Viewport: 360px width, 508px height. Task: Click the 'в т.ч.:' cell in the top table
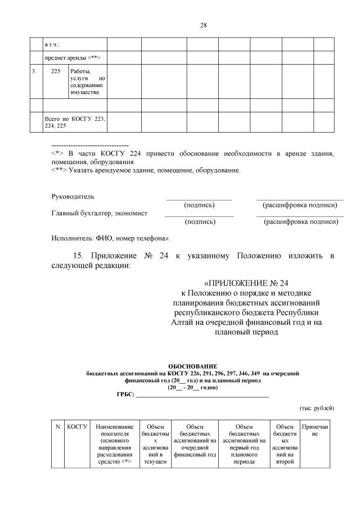pyautogui.click(x=52, y=44)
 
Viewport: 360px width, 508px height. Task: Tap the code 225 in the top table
pyautogui.click(x=56, y=71)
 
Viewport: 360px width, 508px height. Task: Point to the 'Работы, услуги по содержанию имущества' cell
pyautogui.click(x=88, y=81)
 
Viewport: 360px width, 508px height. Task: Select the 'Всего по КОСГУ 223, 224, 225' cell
pyautogui.click(x=74, y=123)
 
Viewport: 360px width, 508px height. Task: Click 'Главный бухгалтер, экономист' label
pyautogui.click(x=100, y=213)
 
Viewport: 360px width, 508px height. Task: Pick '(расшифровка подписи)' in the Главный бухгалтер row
pyautogui.click(x=301, y=222)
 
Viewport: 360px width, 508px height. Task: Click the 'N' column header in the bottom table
pyautogui.click(x=58, y=427)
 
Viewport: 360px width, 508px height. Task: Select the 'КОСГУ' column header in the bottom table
pyautogui.click(x=77, y=427)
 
